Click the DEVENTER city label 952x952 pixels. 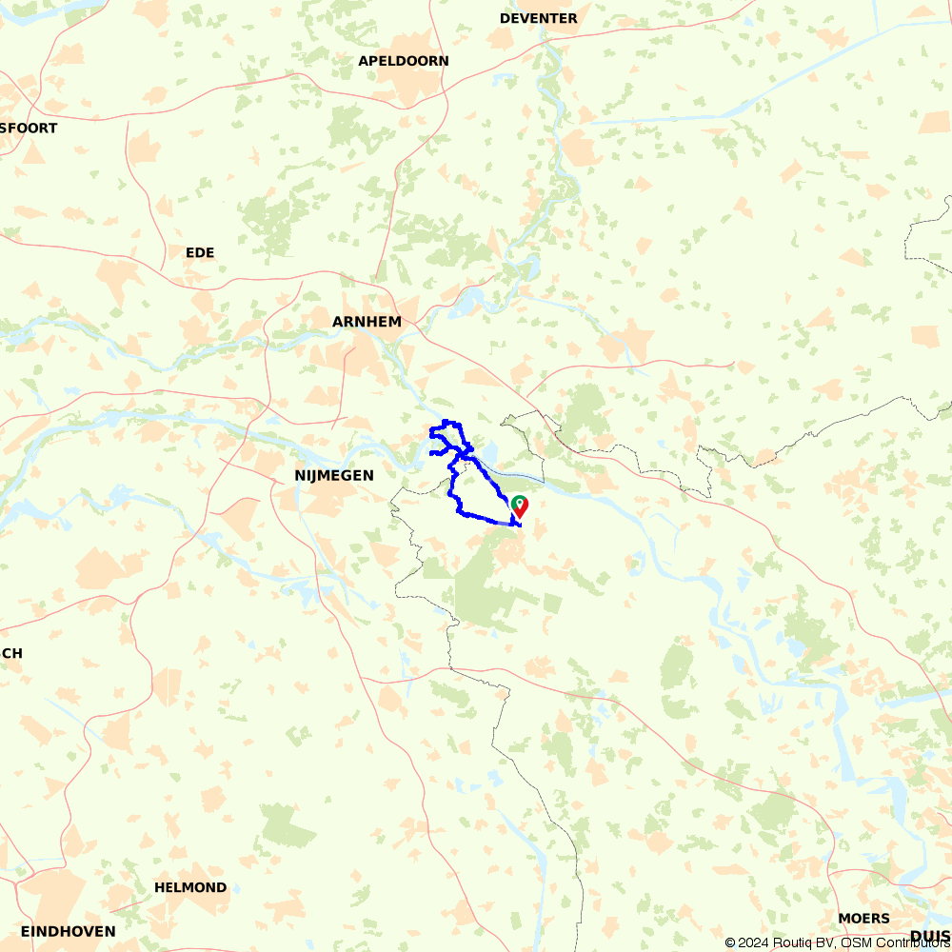538,18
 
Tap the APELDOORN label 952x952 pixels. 404,61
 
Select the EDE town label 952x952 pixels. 200,252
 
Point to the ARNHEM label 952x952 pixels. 367,322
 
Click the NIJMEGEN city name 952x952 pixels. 334,474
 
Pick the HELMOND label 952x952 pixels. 190,887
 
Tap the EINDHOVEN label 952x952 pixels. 69,931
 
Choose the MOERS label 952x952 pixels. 864,919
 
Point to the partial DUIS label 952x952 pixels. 930,935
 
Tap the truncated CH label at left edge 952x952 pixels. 11,653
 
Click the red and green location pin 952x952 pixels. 519,506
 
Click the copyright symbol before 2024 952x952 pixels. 730,943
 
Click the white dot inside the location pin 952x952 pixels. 519,502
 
